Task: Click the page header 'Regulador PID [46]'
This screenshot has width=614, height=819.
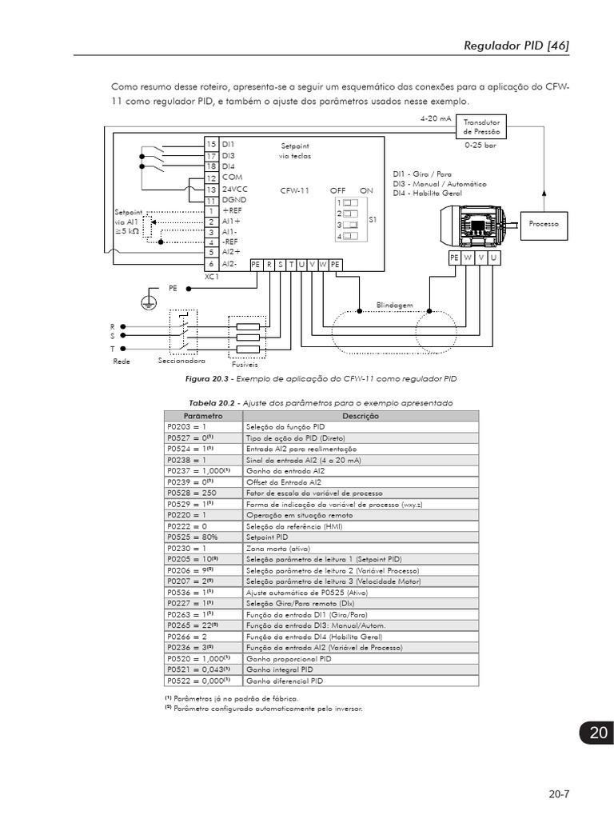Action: (x=516, y=46)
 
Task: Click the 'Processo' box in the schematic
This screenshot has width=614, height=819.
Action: (x=543, y=224)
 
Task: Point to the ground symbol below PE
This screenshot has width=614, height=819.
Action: (x=147, y=302)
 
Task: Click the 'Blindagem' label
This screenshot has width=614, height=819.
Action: (x=394, y=305)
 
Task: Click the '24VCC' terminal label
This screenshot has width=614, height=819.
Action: (x=236, y=190)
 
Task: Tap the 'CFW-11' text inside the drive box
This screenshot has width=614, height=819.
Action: (x=295, y=190)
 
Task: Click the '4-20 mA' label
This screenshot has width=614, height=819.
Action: (x=436, y=118)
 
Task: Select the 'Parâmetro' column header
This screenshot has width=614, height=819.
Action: (x=203, y=416)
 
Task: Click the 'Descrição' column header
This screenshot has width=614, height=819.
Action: (x=361, y=416)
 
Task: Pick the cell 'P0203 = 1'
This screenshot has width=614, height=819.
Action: (x=186, y=427)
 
